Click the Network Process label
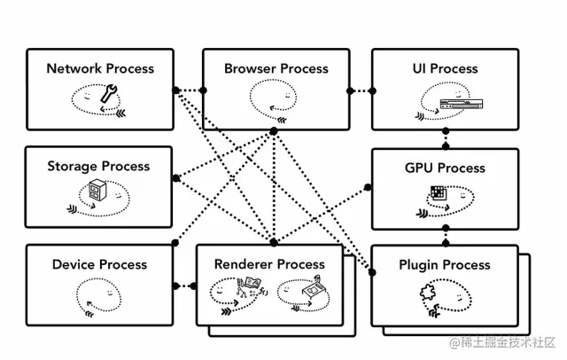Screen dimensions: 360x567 [x=100, y=68]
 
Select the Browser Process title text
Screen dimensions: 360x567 [x=276, y=68]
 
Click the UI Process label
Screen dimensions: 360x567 [x=445, y=68]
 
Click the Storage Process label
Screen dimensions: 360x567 [x=98, y=166]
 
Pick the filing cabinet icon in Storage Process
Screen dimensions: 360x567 [x=97, y=190]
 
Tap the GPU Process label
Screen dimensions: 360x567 [x=445, y=168]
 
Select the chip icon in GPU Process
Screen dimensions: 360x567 [x=437, y=192]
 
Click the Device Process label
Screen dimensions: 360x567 [x=97, y=264]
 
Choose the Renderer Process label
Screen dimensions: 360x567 [x=269, y=264]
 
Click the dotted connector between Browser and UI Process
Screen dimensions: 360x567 [x=359, y=90]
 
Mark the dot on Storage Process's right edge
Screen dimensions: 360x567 [x=175, y=177]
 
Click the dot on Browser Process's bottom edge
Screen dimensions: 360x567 [x=274, y=130]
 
